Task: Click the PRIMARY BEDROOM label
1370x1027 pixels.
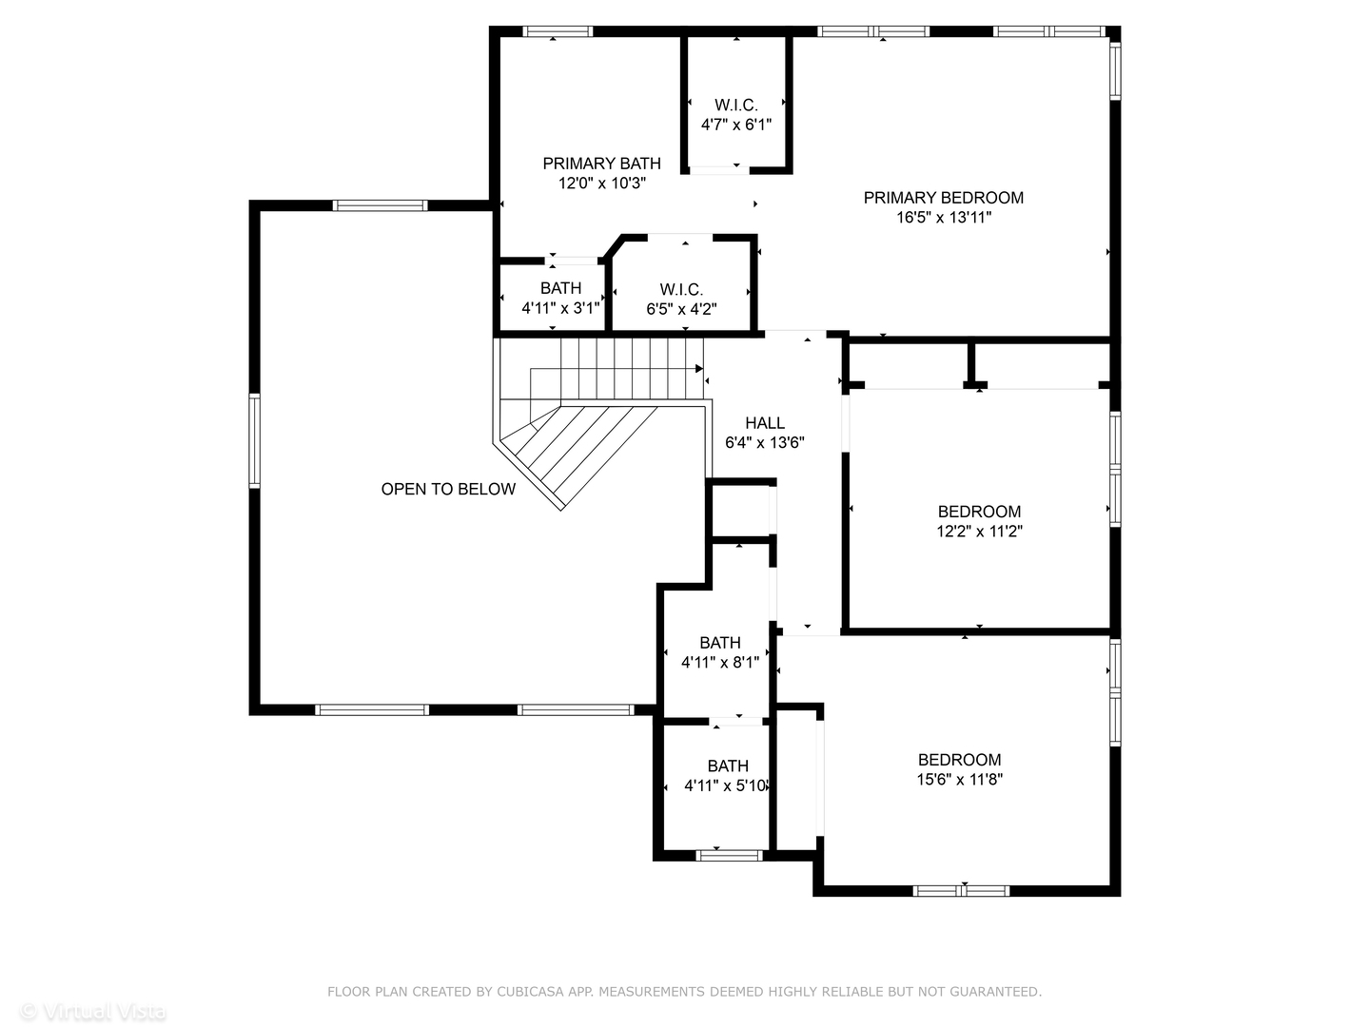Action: click(x=943, y=198)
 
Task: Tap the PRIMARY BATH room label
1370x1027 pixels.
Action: click(x=601, y=164)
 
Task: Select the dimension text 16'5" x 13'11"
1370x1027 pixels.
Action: click(x=943, y=218)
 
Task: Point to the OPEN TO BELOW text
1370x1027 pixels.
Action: click(x=448, y=489)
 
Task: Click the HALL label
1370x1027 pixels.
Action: click(x=765, y=423)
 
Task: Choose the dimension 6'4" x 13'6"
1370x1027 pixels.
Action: click(x=765, y=443)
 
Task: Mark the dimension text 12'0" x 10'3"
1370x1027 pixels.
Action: click(x=601, y=184)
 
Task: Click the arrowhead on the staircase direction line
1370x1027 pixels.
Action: click(x=699, y=369)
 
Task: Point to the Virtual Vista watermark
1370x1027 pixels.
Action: click(x=93, y=1012)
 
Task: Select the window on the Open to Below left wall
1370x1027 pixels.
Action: click(x=255, y=440)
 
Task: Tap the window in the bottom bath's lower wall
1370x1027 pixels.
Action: click(x=729, y=856)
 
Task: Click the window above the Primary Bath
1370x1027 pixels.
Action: click(x=558, y=31)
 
